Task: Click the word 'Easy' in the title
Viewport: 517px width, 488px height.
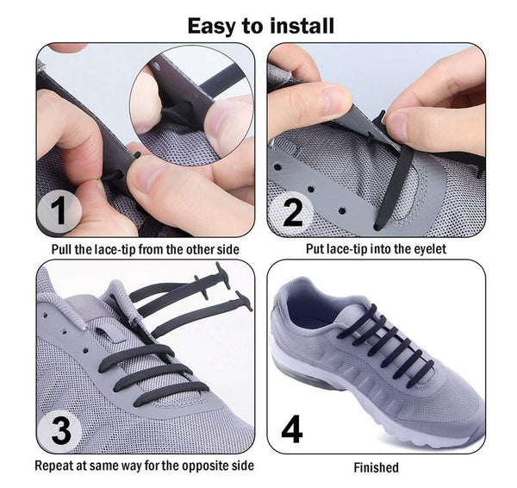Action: tap(212, 27)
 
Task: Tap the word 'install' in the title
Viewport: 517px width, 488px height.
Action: tap(302, 26)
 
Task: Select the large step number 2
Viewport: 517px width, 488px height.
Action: tap(293, 213)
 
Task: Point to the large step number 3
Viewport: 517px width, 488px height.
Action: tap(62, 430)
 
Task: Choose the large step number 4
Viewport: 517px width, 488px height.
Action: tap(292, 429)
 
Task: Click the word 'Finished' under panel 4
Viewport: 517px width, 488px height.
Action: tap(377, 467)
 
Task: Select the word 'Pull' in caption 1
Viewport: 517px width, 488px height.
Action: tap(62, 249)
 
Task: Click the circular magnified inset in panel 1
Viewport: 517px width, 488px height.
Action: tap(192, 105)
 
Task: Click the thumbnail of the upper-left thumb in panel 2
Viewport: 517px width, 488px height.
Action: tap(333, 98)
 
